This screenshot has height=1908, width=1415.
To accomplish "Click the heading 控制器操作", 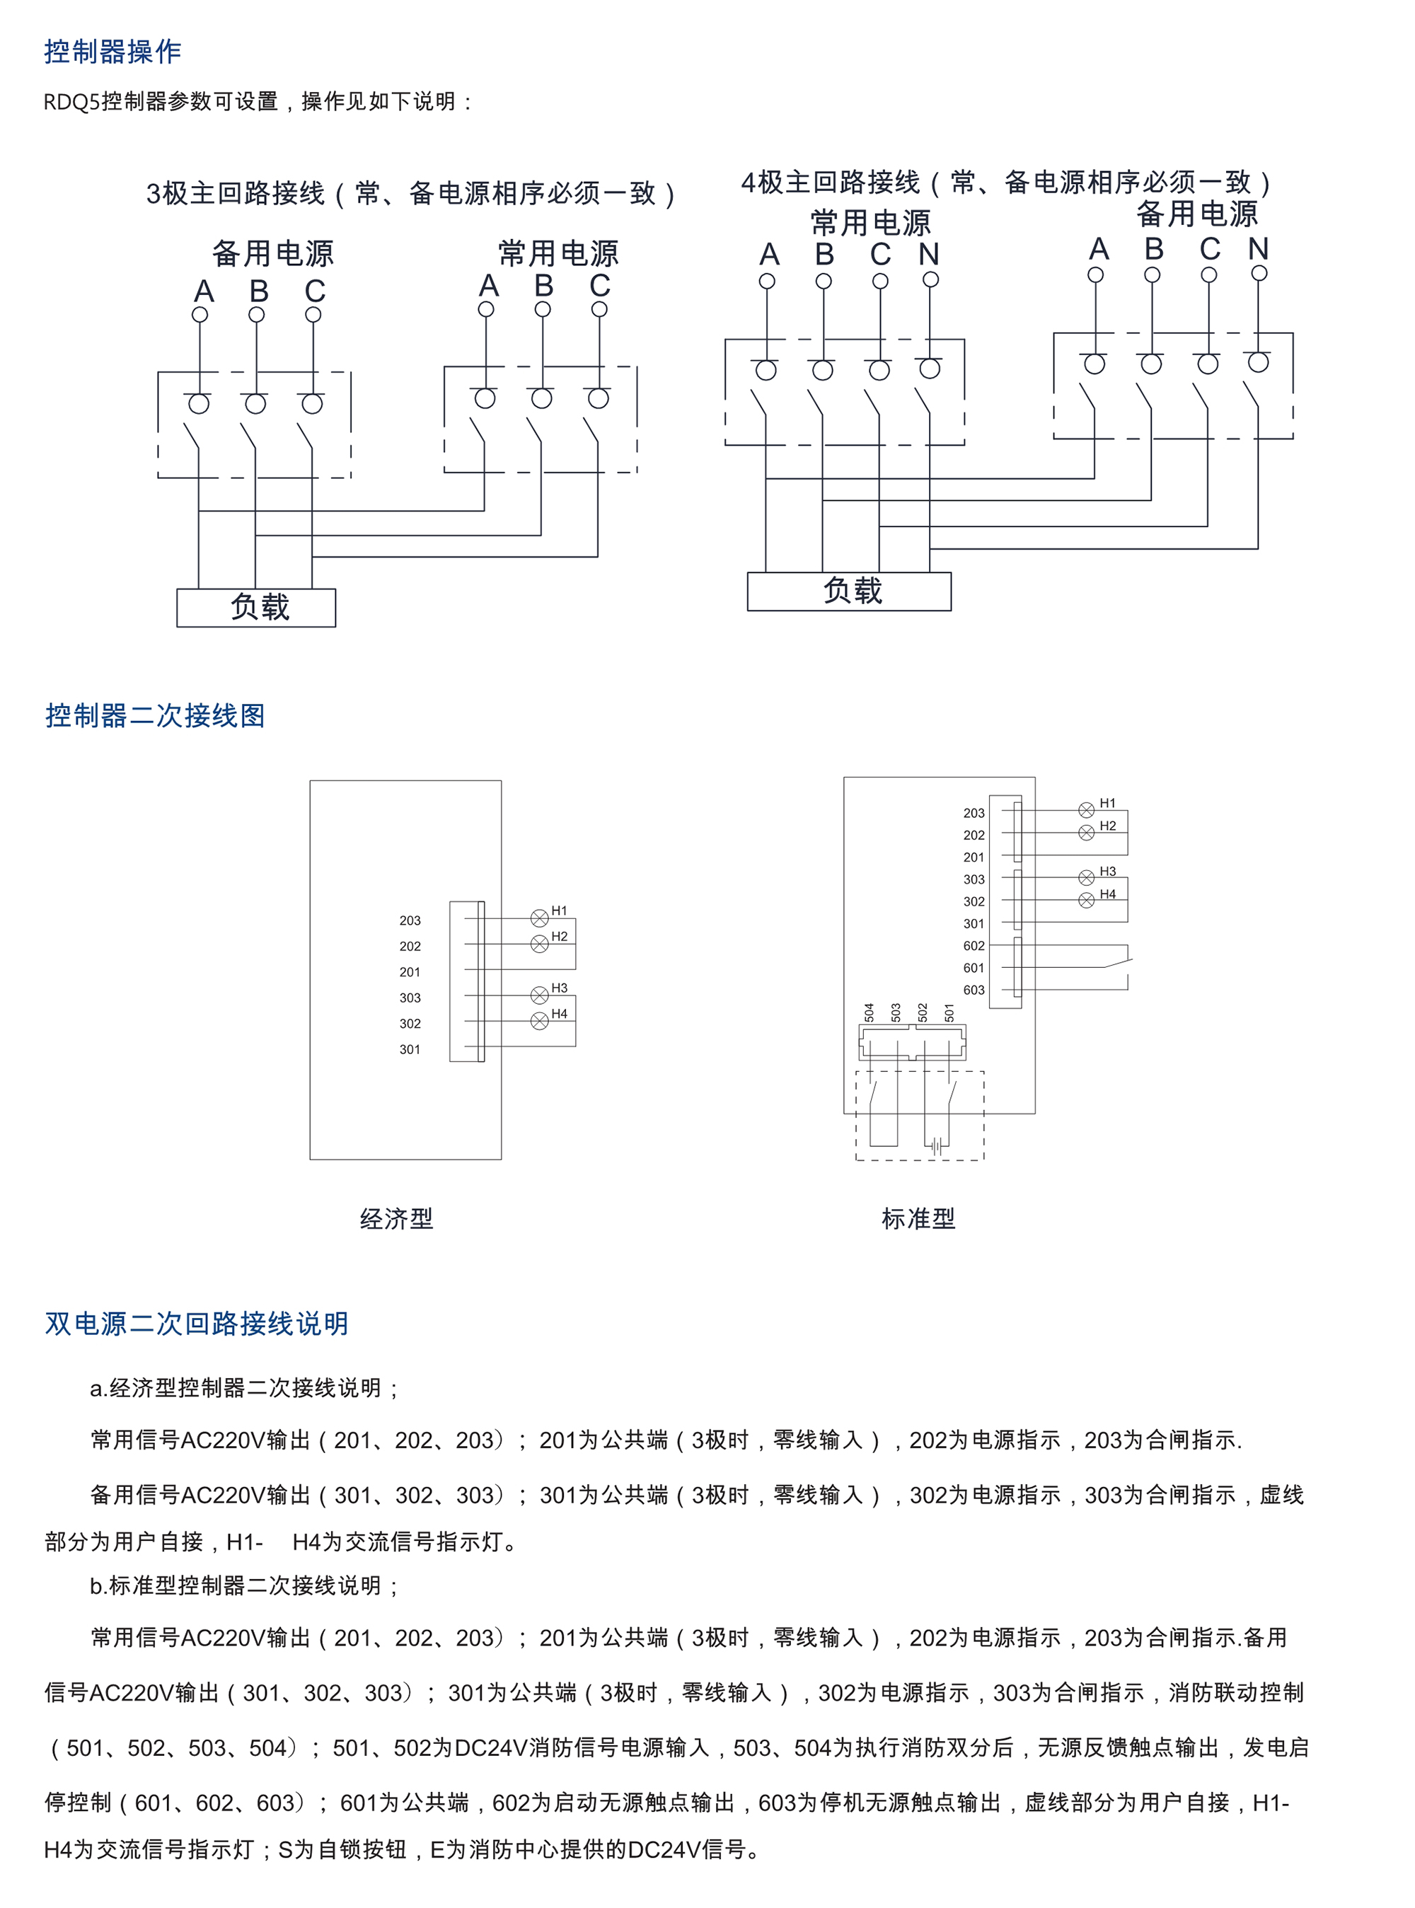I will click(x=112, y=52).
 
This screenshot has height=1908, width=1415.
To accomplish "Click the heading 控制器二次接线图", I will click(x=155, y=715).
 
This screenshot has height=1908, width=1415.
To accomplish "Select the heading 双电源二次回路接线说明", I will click(x=196, y=1323).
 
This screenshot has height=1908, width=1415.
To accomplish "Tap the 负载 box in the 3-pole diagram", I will click(x=256, y=607).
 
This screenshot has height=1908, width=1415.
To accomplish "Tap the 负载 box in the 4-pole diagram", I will click(x=849, y=591).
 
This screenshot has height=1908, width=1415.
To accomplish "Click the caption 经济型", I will click(x=397, y=1218).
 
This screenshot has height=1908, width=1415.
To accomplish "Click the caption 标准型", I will click(x=918, y=1218).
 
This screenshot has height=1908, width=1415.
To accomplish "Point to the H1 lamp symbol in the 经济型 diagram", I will click(x=540, y=918).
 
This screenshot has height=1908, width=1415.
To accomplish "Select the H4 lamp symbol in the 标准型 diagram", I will click(x=1086, y=900).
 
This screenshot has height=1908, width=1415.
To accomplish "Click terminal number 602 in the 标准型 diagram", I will click(x=974, y=945).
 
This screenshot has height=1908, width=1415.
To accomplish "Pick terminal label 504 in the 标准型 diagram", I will click(x=870, y=1012).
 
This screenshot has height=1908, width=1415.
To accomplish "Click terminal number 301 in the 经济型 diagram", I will click(x=410, y=1049).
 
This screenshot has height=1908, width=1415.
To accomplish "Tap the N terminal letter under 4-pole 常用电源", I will click(x=930, y=255).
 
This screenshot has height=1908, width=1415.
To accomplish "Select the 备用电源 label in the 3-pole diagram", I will click(x=272, y=253).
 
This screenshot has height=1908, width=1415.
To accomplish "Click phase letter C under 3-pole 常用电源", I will click(x=599, y=285).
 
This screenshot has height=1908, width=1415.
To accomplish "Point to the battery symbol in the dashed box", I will click(x=937, y=1145).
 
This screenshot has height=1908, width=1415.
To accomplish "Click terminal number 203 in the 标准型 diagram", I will click(x=974, y=813).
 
